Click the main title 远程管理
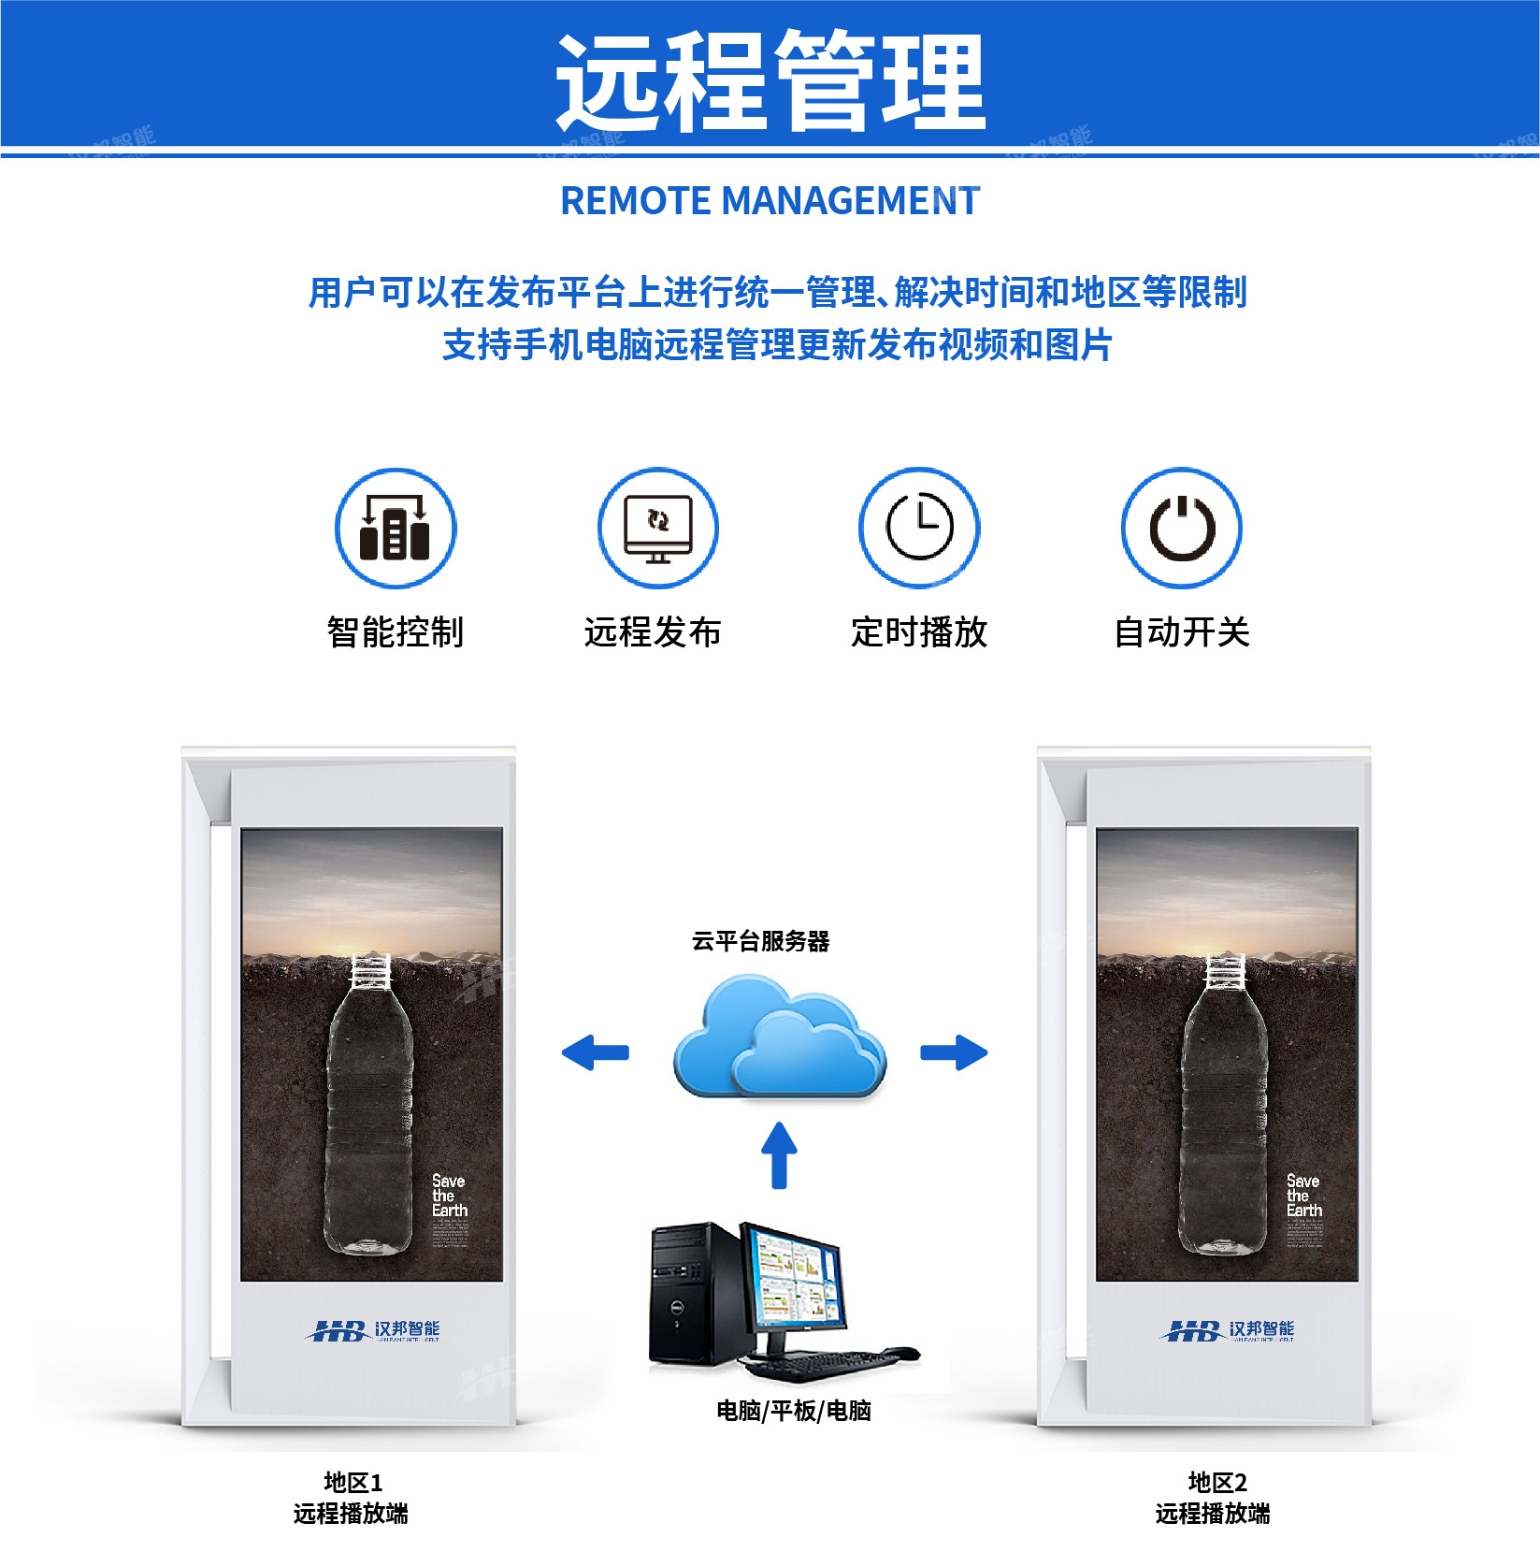pos(770,81)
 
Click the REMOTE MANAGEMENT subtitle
pos(770,201)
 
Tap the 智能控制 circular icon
pos(396,529)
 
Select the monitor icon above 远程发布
pos(658,529)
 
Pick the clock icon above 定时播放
pos(919,529)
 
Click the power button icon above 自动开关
pos(1182,529)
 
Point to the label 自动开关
pos(1182,632)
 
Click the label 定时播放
pos(919,632)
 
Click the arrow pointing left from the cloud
pos(595,1052)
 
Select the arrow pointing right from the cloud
pos(954,1052)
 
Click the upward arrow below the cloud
pos(779,1155)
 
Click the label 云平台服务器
pos(760,941)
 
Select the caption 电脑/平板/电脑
pos(793,1411)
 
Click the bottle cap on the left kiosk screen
pos(370,971)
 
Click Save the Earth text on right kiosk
pos(1303,1196)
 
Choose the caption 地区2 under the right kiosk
pos(1216,1483)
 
